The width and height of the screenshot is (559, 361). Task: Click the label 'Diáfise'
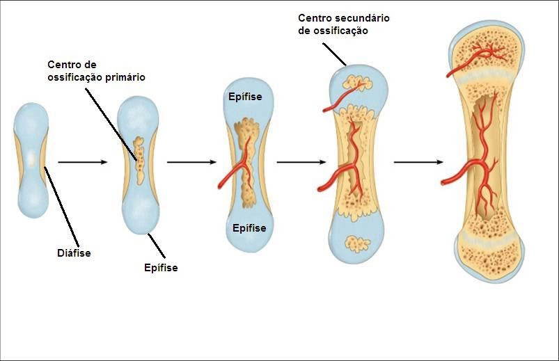[x=74, y=253]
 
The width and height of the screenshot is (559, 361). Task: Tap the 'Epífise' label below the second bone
[x=160, y=268]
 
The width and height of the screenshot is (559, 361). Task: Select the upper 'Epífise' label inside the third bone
[x=245, y=97]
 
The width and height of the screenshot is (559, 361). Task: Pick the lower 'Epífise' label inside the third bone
[x=249, y=227]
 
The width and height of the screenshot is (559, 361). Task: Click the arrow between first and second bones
[x=82, y=162]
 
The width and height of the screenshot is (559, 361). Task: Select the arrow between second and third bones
[x=191, y=162]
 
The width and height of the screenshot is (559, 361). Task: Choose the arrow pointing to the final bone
[x=418, y=162]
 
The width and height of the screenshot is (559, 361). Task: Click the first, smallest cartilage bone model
[x=31, y=160]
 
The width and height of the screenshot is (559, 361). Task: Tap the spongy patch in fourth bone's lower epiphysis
[x=359, y=244]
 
